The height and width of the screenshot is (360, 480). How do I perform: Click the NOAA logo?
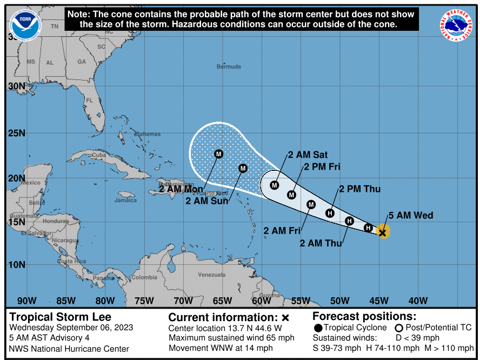point(25,24)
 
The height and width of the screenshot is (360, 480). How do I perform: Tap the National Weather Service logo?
point(455,25)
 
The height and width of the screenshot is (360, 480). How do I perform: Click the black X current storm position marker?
point(383,233)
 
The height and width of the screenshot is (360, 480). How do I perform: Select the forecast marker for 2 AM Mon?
point(219,154)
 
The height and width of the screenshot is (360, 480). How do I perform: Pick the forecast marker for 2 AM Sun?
point(243,168)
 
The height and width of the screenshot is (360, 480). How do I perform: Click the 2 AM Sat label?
point(308,155)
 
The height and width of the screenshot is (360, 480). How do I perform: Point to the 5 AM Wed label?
point(410,216)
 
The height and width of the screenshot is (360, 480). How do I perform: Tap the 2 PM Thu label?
point(359,189)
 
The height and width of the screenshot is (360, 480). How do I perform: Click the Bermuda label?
point(229,66)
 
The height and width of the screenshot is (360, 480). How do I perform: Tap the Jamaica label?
point(125,201)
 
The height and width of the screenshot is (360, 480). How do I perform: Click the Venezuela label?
point(211,275)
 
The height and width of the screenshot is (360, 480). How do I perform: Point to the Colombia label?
point(144,277)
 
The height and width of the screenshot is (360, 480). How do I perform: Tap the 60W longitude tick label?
point(261,301)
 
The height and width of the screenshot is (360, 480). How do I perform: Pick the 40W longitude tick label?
point(418,301)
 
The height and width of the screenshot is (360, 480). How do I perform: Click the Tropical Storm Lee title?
point(61,317)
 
